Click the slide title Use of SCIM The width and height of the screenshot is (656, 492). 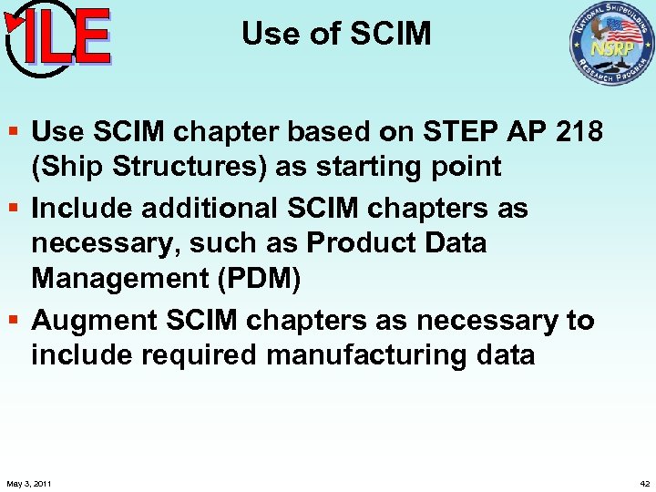point(335,34)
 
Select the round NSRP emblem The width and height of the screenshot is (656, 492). point(611,43)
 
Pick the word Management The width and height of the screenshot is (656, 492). point(118,279)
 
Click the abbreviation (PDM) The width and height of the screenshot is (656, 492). point(258,279)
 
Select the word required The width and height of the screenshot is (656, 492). point(200,354)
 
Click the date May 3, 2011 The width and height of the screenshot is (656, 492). point(28,483)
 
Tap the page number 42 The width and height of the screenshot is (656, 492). point(644,483)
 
